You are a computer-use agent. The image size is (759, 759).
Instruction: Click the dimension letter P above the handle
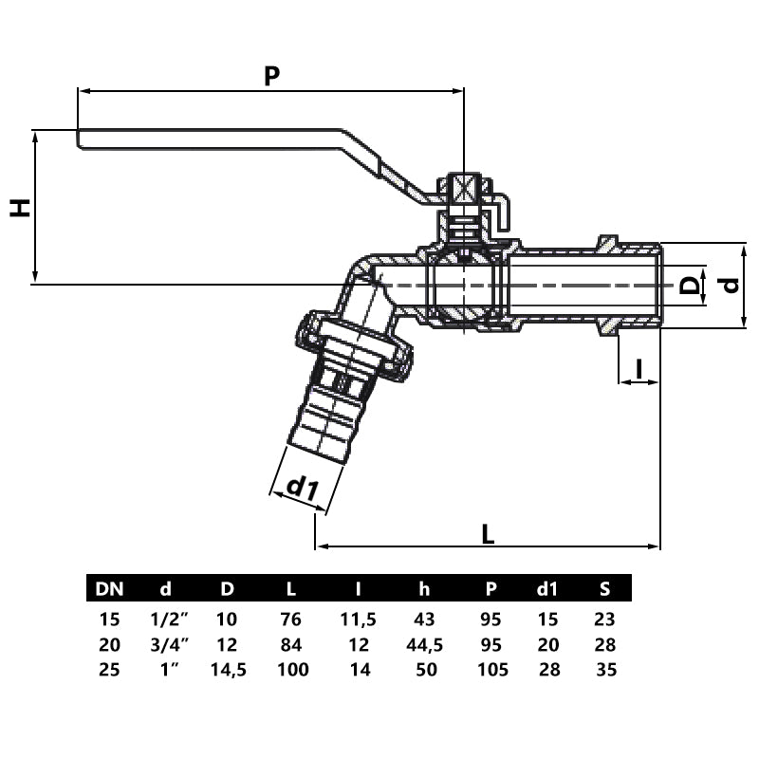click(x=271, y=76)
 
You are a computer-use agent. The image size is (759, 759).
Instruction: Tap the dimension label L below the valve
click(x=488, y=534)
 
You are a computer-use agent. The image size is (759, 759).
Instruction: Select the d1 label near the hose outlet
click(x=301, y=488)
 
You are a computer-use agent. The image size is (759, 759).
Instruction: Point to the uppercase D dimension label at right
click(x=692, y=285)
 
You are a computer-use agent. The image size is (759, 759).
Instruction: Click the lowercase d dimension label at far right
click(x=730, y=285)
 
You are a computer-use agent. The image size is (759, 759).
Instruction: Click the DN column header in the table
click(x=109, y=589)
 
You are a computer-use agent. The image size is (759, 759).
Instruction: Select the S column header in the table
click(x=605, y=589)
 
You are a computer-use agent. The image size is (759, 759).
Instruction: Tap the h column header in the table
click(x=424, y=589)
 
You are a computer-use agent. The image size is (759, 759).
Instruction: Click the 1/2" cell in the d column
click(x=170, y=620)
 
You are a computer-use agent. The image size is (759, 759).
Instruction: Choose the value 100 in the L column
click(x=293, y=670)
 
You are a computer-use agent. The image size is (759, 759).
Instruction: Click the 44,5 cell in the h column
click(x=424, y=645)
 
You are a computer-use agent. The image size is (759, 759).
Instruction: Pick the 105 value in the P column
click(x=492, y=670)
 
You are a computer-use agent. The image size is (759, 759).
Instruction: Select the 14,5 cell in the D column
click(x=227, y=670)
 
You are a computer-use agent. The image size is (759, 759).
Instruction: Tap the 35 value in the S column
click(x=605, y=670)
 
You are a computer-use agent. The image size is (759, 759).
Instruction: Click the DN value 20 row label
click(x=109, y=645)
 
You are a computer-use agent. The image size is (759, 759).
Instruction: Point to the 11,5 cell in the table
click(x=358, y=620)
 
